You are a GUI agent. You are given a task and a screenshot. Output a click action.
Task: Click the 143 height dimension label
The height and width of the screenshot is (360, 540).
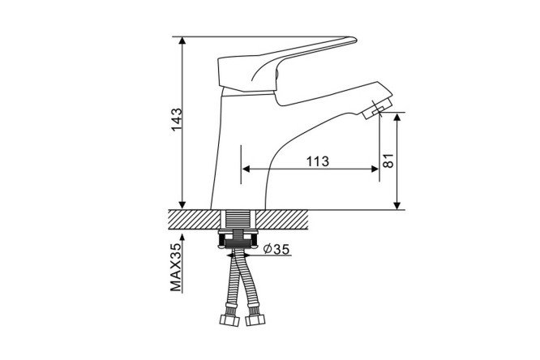click(177, 119)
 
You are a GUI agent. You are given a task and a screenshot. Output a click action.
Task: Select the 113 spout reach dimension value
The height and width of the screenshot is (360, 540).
click(318, 161)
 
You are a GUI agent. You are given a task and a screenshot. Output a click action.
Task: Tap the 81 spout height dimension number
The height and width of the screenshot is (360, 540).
click(388, 161)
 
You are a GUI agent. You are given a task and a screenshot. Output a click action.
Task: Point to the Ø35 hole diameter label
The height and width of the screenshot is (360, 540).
click(276, 249)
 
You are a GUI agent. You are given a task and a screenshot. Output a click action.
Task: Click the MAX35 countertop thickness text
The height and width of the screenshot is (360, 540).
click(176, 268)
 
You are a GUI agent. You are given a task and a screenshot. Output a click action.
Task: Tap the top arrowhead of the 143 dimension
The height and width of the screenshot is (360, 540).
click(182, 41)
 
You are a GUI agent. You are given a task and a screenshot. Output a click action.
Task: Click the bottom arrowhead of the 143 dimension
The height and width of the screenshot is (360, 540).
click(182, 205)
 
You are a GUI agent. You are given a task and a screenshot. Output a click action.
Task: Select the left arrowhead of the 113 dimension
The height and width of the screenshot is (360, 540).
click(246, 169)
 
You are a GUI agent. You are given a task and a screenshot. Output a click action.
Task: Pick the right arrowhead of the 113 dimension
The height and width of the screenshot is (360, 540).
click(375, 169)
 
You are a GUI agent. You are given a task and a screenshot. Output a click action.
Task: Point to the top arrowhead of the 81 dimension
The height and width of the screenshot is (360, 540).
click(397, 117)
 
